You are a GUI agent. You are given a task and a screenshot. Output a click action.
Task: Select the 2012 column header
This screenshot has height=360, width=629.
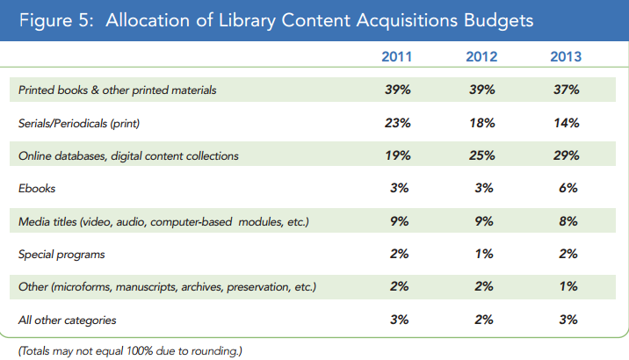(x=482, y=58)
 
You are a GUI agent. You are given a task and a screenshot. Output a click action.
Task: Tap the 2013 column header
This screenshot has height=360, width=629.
(x=566, y=58)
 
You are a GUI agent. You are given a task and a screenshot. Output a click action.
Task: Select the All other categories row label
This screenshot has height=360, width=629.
(x=67, y=320)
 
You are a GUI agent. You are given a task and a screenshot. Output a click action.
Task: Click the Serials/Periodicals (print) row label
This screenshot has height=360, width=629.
(x=79, y=124)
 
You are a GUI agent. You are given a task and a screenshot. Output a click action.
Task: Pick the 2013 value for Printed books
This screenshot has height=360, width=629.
(x=567, y=90)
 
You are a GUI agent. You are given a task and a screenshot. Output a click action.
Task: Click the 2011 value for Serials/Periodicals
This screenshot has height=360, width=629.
(x=399, y=123)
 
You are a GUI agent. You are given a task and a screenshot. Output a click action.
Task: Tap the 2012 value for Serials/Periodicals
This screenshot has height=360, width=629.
(x=482, y=123)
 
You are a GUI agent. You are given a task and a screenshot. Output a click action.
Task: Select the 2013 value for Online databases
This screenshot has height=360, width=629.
(x=567, y=155)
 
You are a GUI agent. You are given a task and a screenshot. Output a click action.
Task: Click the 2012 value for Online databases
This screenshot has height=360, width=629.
(x=482, y=155)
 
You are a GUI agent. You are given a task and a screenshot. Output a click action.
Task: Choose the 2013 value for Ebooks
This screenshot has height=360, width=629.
(x=567, y=188)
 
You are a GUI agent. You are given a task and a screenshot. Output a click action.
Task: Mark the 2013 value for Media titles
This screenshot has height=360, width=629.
(x=567, y=221)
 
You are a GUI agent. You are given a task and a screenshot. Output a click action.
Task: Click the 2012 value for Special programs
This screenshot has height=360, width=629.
(x=482, y=254)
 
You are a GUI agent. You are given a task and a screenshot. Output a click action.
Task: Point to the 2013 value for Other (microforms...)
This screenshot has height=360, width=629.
(x=567, y=286)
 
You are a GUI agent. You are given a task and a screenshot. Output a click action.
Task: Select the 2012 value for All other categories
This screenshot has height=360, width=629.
(x=482, y=320)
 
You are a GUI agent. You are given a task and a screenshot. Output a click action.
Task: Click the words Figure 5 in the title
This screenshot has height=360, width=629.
(x=54, y=20)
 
